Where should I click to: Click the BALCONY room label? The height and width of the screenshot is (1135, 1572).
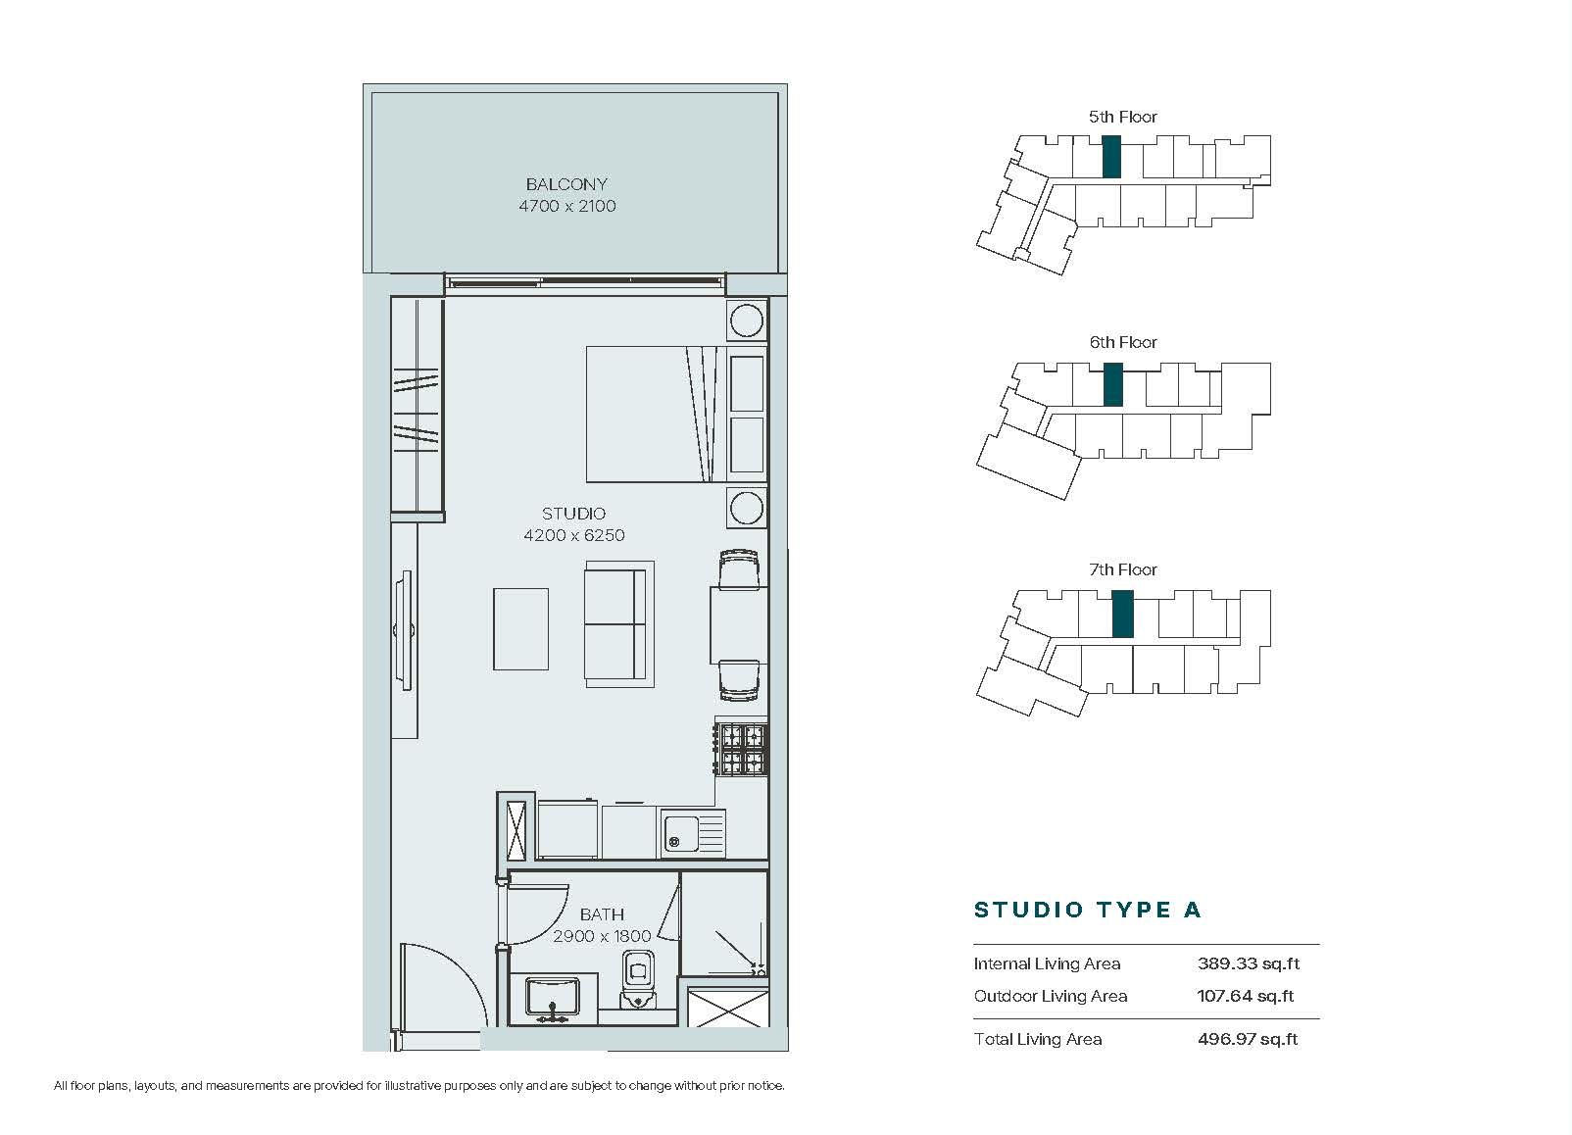pyautogui.click(x=566, y=184)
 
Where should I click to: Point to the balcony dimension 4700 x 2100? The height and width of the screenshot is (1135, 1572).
pyautogui.click(x=567, y=207)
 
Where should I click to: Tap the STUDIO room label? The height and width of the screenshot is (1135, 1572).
pyautogui.click(x=573, y=514)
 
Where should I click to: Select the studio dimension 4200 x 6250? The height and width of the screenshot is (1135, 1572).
pyautogui.click(x=574, y=535)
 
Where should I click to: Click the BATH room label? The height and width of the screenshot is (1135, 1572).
pyautogui.click(x=602, y=914)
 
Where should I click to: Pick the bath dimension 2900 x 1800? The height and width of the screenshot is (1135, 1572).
pyautogui.click(x=602, y=936)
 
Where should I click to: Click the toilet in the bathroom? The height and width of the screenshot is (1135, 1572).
pyautogui.click(x=637, y=979)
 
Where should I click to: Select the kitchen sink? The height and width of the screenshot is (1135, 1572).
pyautogui.click(x=693, y=833)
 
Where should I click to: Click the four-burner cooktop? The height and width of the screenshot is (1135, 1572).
pyautogui.click(x=742, y=749)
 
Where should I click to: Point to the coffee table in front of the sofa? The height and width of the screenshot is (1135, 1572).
pyautogui.click(x=520, y=629)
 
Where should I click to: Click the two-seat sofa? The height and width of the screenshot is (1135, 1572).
pyautogui.click(x=619, y=624)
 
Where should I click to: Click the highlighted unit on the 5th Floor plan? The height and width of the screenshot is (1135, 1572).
pyautogui.click(x=1111, y=157)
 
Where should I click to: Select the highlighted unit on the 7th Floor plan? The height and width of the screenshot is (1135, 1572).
pyautogui.click(x=1123, y=615)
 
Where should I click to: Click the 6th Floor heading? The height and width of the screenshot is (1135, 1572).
pyautogui.click(x=1123, y=342)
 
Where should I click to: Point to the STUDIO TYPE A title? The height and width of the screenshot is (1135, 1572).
pyautogui.click(x=1088, y=911)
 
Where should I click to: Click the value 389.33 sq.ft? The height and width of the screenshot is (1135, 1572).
pyautogui.click(x=1249, y=963)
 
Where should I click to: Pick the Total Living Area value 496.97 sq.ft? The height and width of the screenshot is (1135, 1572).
pyautogui.click(x=1248, y=1039)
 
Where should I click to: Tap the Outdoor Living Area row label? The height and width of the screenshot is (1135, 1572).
pyautogui.click(x=1051, y=996)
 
